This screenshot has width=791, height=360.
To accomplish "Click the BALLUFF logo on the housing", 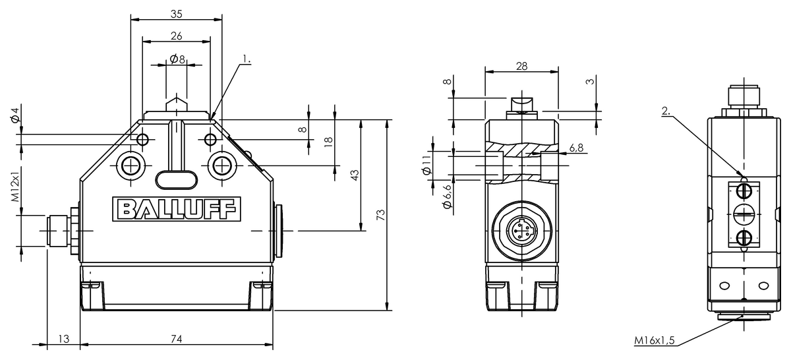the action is coord(177,209).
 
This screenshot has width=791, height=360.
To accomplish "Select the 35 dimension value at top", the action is coord(177,14).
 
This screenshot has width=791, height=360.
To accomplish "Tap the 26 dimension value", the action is coord(177,36).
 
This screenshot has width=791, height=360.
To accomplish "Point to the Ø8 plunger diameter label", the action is coord(177,59).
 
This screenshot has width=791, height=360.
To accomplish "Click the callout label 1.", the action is coord(247,59).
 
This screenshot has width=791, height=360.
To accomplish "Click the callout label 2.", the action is coord(666,111).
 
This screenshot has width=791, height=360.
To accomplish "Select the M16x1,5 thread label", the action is coord(655,340).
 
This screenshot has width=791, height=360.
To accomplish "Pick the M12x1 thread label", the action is coord(15,187).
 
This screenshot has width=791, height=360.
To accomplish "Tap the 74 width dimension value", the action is coord(177,339).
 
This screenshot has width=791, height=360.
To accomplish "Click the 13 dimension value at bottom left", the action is coord(63,339).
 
